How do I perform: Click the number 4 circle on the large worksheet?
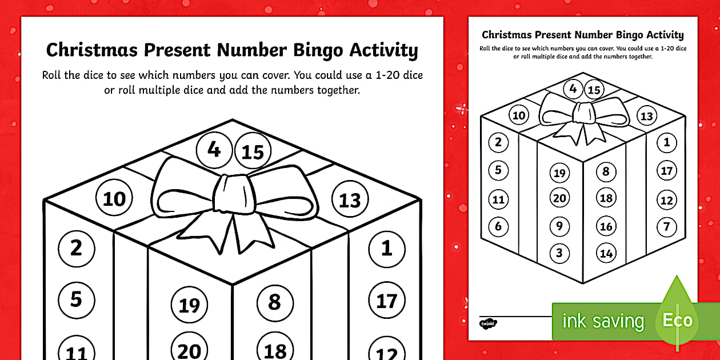214,150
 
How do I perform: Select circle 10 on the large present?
114,198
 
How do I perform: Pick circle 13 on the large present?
350,200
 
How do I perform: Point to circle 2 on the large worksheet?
76,248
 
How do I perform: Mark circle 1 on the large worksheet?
387,248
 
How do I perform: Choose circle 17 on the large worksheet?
387,300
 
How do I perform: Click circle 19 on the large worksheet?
189,306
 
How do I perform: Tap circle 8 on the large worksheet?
274,302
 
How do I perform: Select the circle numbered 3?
559,253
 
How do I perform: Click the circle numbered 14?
606,253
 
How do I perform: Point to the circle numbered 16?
606,226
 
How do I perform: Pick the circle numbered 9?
559,226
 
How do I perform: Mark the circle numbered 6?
498,226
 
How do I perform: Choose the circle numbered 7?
666,226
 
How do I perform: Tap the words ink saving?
603,321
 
